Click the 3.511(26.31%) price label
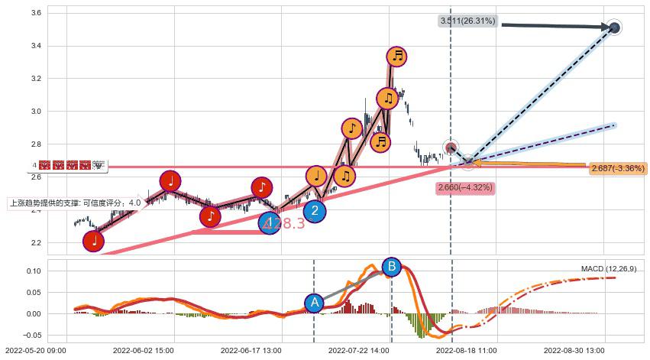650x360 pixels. (x=468, y=21)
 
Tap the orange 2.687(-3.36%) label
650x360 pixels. (x=618, y=168)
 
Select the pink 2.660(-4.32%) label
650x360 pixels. (x=465, y=187)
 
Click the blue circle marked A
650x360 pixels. (x=314, y=303)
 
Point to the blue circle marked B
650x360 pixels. (x=391, y=267)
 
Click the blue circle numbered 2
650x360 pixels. (x=314, y=211)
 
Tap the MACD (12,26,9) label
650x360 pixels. (x=608, y=269)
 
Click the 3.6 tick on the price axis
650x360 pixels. (x=34, y=14)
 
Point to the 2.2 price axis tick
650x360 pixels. (x=34, y=243)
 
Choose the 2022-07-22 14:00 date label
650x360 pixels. (x=357, y=350)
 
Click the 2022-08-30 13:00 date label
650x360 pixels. (x=574, y=350)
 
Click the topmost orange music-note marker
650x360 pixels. (x=396, y=56)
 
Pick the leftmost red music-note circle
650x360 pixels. (x=94, y=241)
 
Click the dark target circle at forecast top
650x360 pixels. (x=614, y=28)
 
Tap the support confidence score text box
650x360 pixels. (x=75, y=203)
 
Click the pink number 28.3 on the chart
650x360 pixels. (x=286, y=223)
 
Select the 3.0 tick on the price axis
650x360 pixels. (x=34, y=112)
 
